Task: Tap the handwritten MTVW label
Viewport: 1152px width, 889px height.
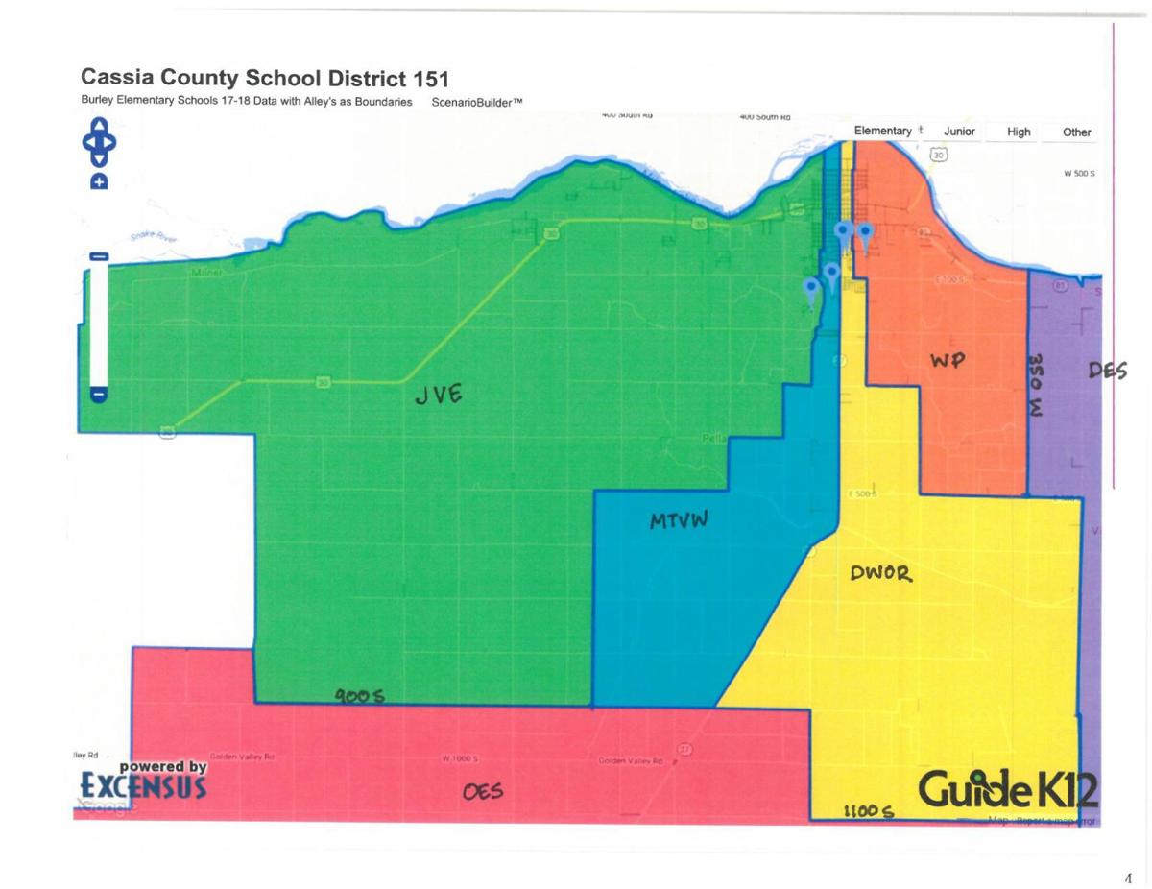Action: point(679,521)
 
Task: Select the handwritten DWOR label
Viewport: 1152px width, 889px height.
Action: point(880,574)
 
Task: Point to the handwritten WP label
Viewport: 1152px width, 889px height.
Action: point(946,359)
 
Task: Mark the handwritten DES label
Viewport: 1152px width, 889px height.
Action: point(1107,371)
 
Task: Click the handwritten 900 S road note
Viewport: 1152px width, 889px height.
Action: point(359,695)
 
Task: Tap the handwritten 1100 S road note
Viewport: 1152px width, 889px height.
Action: point(868,811)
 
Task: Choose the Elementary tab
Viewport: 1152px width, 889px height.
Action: point(882,132)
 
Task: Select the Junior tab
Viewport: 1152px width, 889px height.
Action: point(959,132)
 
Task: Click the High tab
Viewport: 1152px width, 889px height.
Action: point(1019,132)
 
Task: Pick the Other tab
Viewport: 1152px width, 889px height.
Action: point(1076,132)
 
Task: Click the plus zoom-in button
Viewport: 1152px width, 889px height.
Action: point(99,181)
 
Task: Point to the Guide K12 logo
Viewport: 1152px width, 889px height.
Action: point(1007,791)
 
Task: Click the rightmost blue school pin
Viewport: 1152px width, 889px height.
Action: point(864,233)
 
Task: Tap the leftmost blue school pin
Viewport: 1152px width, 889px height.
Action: point(811,288)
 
